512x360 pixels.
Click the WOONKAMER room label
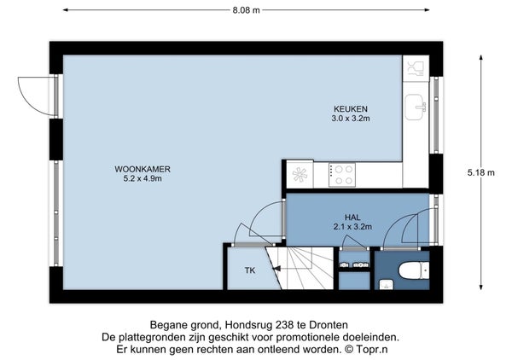click(143, 169)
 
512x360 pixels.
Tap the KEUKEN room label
click(351, 108)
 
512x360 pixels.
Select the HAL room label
click(352, 217)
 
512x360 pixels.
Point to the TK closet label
click(250, 270)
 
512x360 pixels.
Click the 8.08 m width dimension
click(247, 10)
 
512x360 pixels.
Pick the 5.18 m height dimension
click(481, 172)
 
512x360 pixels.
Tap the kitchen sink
click(416, 107)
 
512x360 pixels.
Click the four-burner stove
click(342, 175)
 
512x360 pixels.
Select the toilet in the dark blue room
click(414, 270)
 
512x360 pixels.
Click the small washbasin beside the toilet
click(387, 285)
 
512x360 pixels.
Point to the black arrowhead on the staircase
click(276, 268)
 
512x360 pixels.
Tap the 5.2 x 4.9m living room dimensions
click(143, 178)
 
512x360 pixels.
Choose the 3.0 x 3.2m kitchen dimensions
click(351, 118)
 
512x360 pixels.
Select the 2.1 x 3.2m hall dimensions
click(352, 227)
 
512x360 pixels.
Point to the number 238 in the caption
click(285, 325)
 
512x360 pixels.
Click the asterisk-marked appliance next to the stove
click(300, 174)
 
